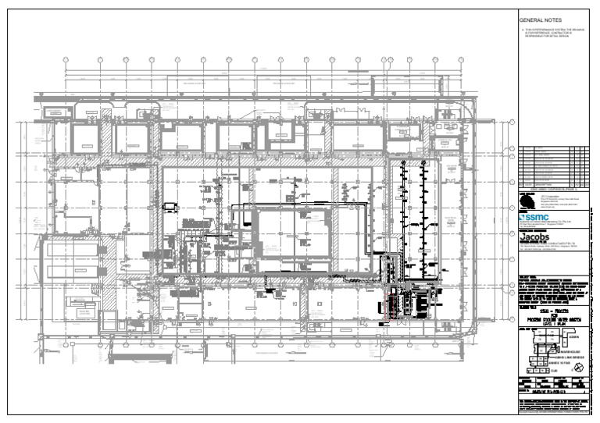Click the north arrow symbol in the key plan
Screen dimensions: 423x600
[x=579, y=366]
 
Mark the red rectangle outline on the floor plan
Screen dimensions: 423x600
[x=387, y=321]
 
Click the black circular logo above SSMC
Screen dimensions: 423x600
[x=525, y=202]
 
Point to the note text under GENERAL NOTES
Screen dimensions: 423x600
[x=552, y=34]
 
